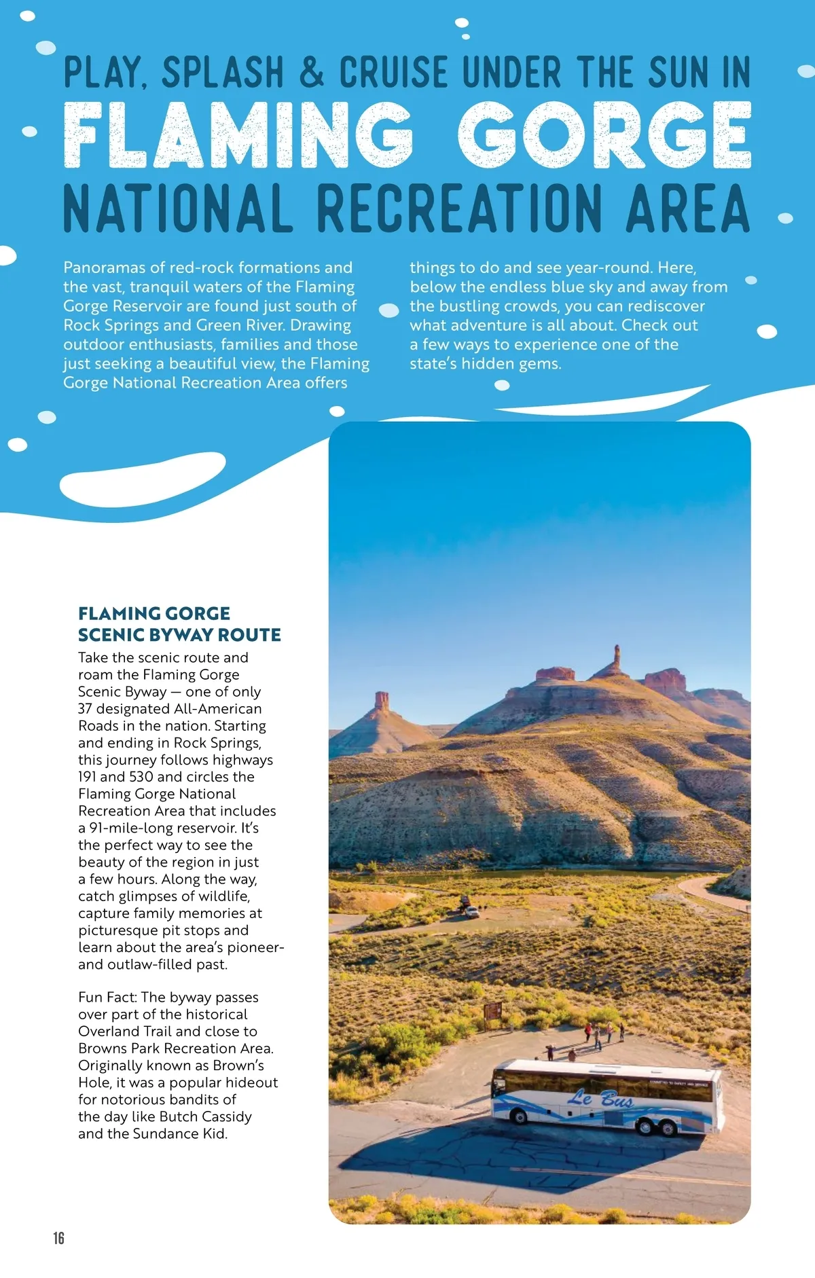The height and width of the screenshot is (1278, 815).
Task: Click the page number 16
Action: (58, 1238)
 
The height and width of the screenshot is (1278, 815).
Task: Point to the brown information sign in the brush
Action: (493, 1010)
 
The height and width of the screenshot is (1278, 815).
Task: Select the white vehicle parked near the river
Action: (471, 912)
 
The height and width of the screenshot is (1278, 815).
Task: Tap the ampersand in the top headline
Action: (311, 72)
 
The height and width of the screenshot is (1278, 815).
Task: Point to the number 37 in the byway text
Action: (85, 709)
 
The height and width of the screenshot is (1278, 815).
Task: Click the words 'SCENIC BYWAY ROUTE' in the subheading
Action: (179, 635)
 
